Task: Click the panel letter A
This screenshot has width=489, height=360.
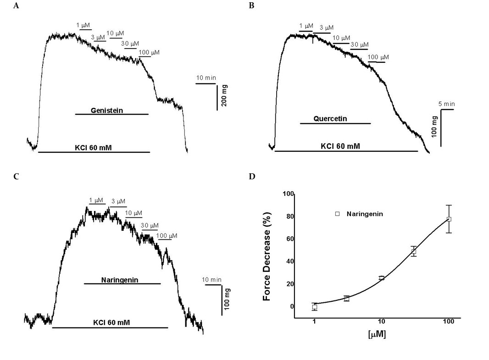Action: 17,6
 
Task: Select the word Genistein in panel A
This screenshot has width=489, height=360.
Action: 106,111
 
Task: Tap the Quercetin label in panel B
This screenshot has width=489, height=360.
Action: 330,119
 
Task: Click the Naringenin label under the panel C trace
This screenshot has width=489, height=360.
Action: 120,280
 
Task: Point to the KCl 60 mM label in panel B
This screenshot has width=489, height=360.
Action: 340,146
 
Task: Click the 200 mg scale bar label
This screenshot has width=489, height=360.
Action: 225,95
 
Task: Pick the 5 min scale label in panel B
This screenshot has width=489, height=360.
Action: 446,104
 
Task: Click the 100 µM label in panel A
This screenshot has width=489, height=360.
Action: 149,53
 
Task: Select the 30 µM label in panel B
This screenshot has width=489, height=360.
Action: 359,44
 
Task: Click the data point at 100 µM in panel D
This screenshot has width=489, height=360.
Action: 449,219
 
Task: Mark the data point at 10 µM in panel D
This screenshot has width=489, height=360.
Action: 382,278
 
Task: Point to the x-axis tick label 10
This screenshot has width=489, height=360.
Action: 381,321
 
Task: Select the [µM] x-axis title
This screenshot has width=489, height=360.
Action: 377,334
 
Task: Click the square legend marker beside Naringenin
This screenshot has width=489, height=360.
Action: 338,214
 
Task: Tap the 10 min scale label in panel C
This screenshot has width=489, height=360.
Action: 211,280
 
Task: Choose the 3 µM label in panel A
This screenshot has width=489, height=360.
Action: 98,37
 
